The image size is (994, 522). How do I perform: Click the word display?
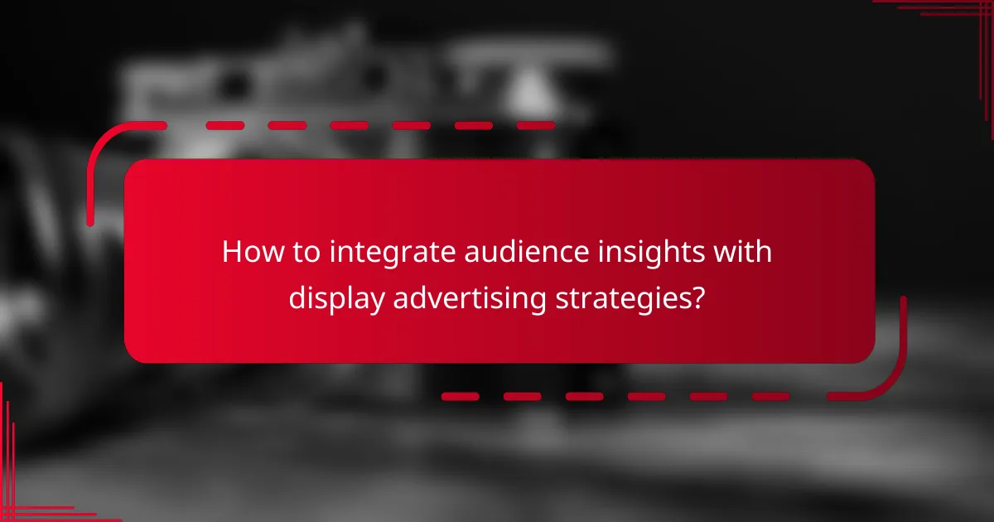click(x=336, y=298)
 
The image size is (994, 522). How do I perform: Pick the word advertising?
click(x=469, y=298)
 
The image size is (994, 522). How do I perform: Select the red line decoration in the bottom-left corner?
click(x=25, y=497)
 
